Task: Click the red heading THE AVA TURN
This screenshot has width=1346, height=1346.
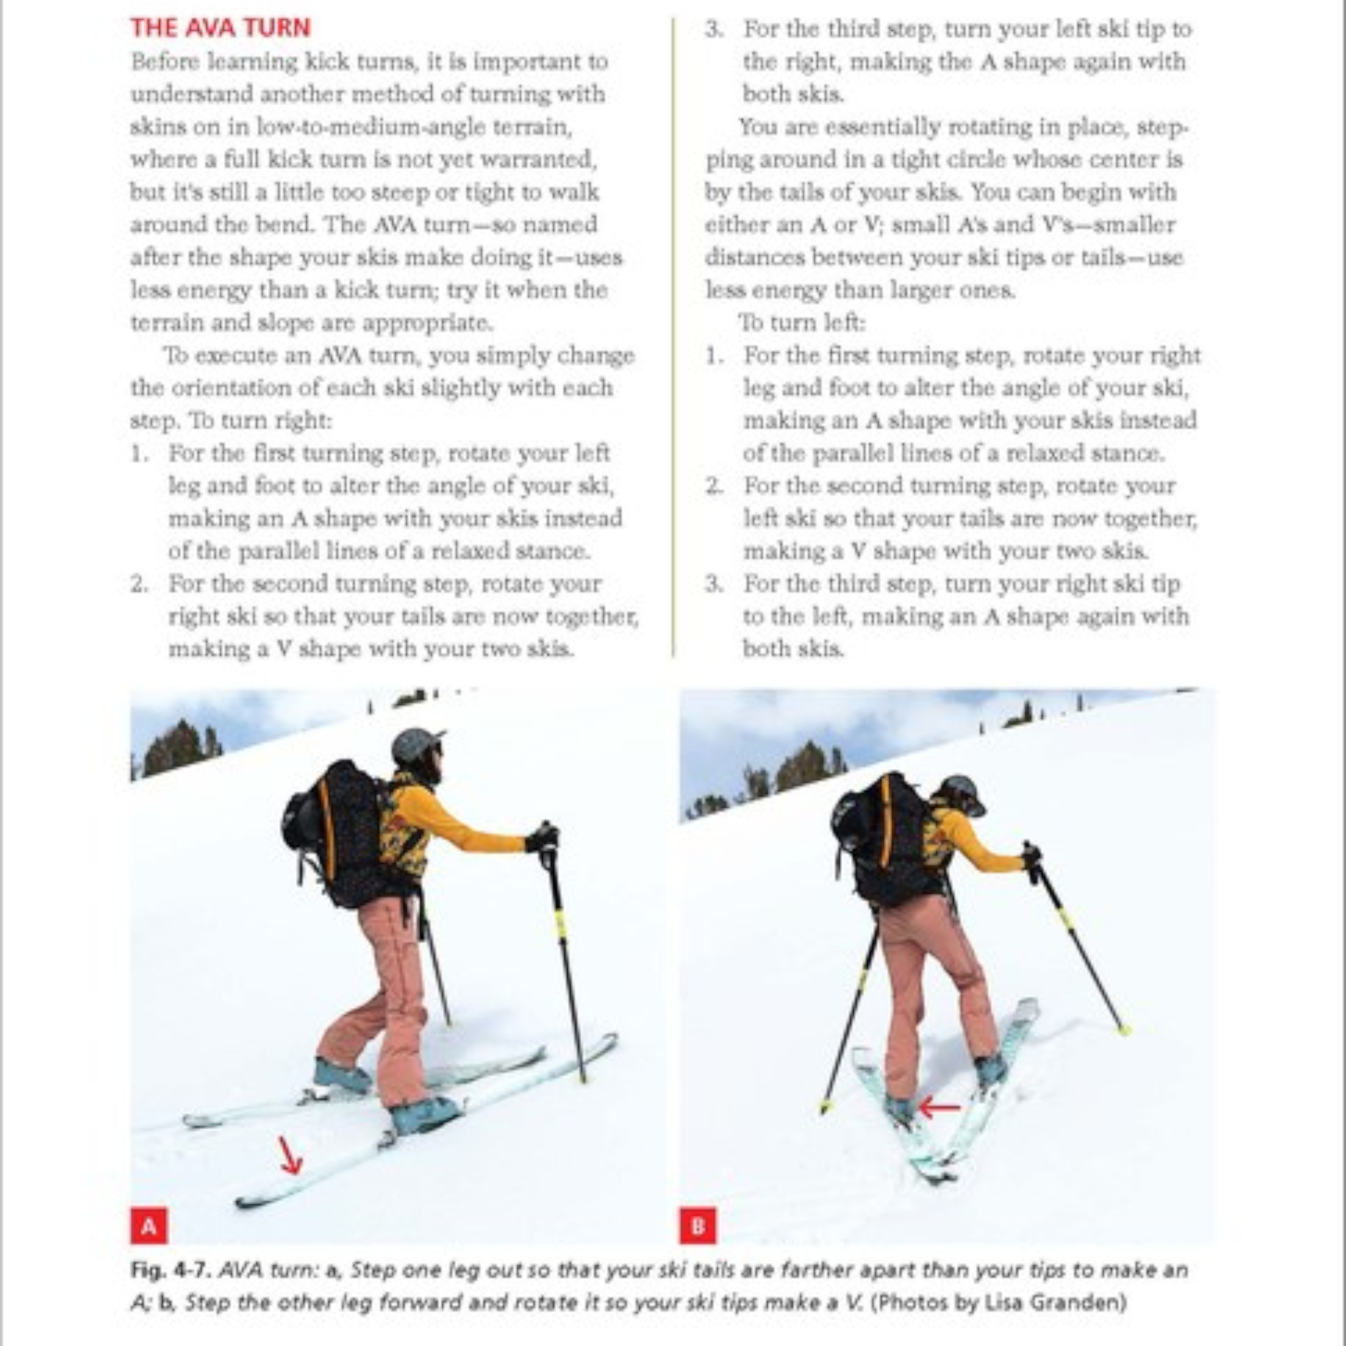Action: [x=220, y=28]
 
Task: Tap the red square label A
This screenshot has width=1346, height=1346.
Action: [x=149, y=1226]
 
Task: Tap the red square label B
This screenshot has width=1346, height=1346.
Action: [x=697, y=1226]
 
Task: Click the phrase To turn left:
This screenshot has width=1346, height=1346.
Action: [x=801, y=323]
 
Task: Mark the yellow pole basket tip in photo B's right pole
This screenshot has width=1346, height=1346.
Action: [x=1123, y=1030]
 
